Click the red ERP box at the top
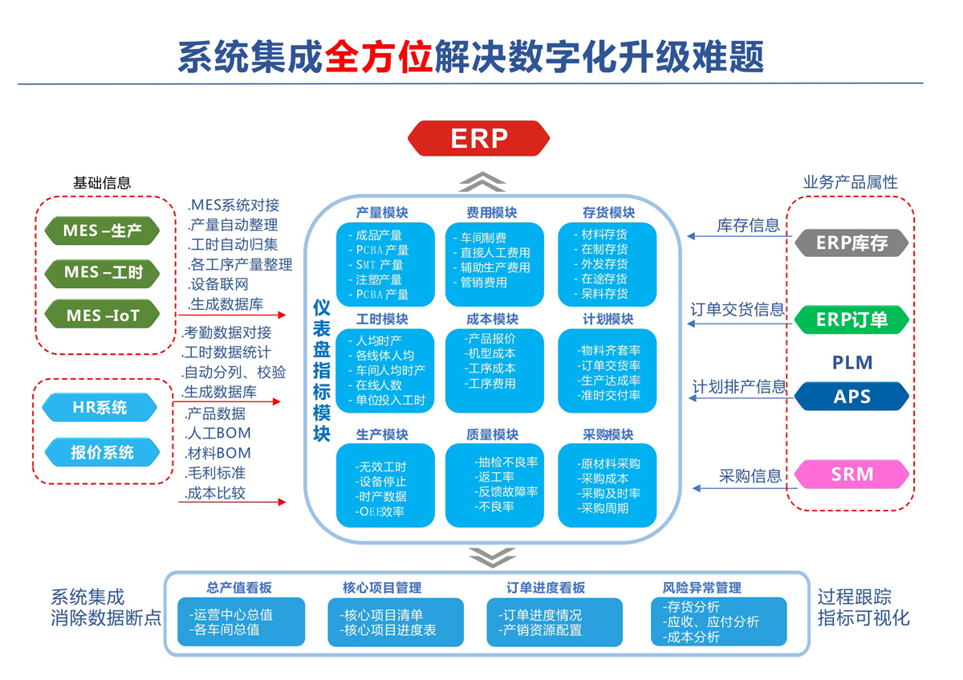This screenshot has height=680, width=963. pyautogui.click(x=479, y=138)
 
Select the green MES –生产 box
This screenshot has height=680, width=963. pyautogui.click(x=102, y=232)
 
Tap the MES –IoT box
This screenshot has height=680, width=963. pyautogui.click(x=102, y=315)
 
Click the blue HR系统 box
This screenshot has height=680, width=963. pyautogui.click(x=100, y=407)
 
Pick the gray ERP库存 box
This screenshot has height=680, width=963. pyautogui.click(x=851, y=242)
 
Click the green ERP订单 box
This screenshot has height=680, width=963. pyautogui.click(x=851, y=319)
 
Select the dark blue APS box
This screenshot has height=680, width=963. pyautogui.click(x=851, y=396)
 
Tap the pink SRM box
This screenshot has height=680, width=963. pyautogui.click(x=851, y=474)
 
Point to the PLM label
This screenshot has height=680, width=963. pyautogui.click(x=851, y=362)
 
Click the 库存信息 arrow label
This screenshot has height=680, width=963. pyautogui.click(x=748, y=226)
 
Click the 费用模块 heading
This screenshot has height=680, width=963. pyautogui.click(x=491, y=213)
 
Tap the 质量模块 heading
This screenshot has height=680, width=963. pyautogui.click(x=492, y=434)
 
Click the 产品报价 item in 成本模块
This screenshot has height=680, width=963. pyautogui.click(x=490, y=338)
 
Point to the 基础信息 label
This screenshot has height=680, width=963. pyautogui.click(x=102, y=183)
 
